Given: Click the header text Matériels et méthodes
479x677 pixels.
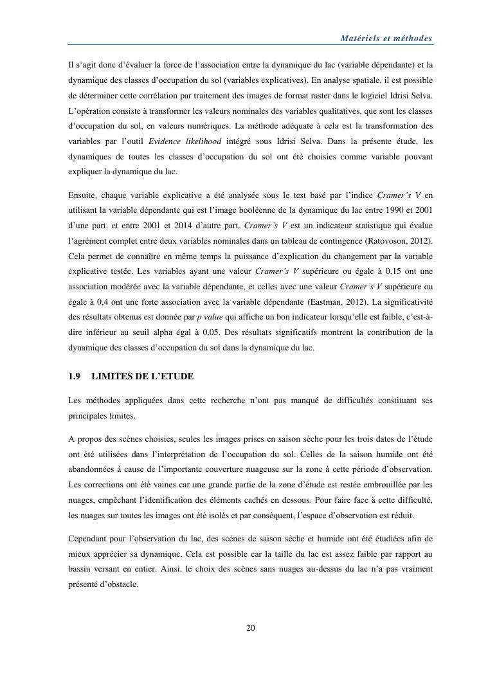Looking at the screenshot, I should pos(386,39).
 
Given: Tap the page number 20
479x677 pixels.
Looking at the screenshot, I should pos(251,628).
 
